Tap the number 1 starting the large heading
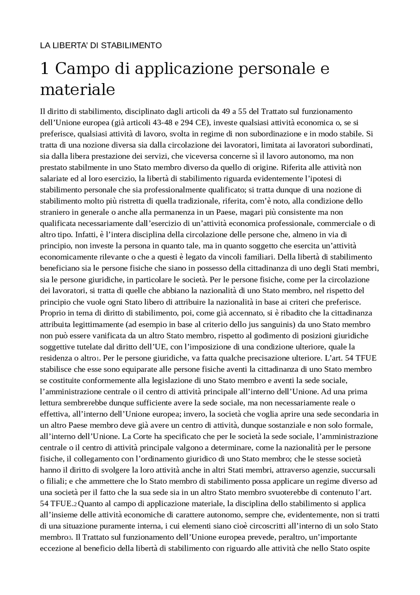pyautogui.click(x=44, y=69)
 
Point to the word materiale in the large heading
pyautogui.click(x=77, y=89)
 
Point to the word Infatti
pyautogui.click(x=84, y=235)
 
